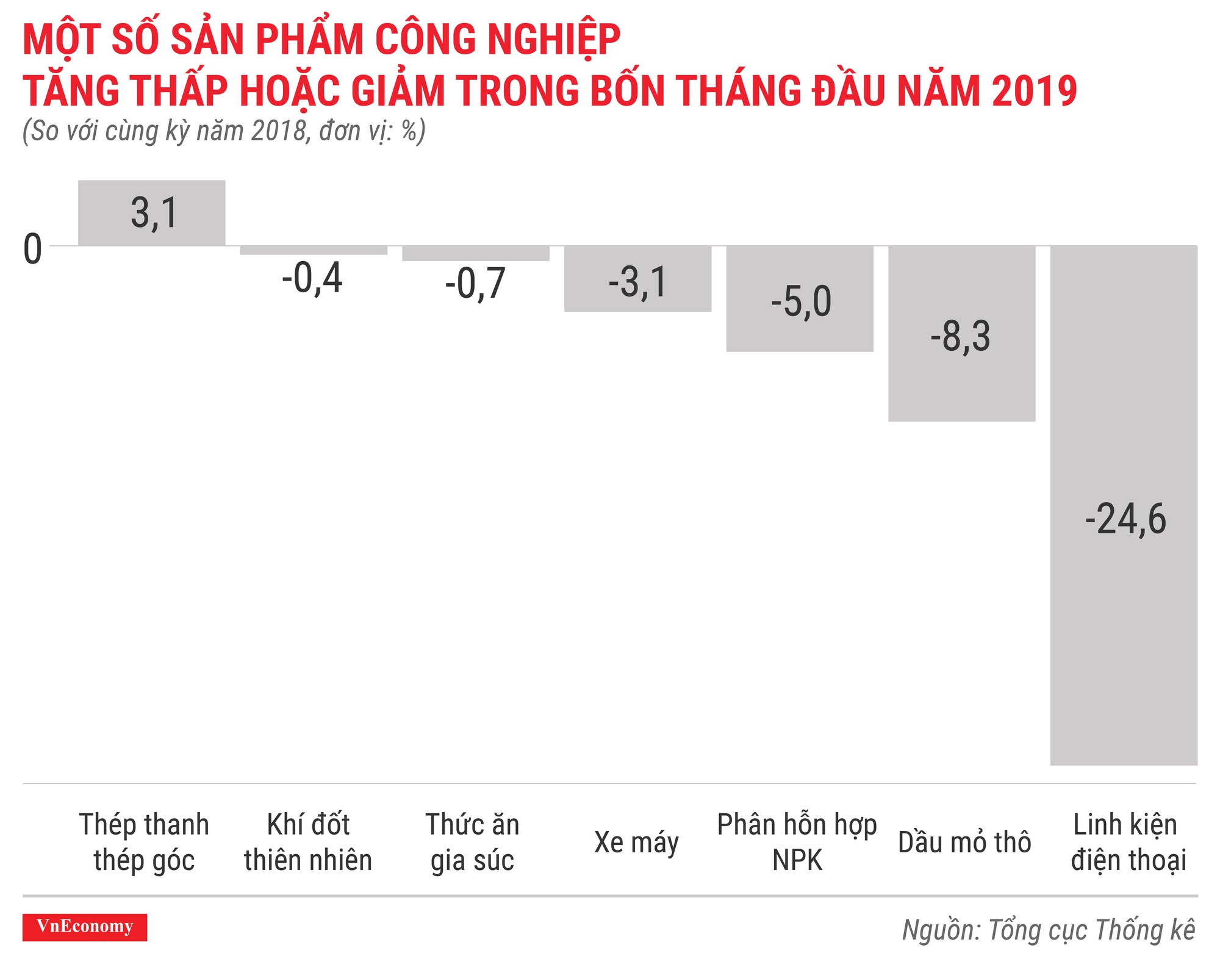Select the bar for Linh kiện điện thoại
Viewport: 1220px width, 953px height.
click(x=1124, y=641)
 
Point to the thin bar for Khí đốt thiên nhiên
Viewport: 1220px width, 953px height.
click(x=314, y=250)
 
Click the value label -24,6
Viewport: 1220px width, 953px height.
click(x=1125, y=519)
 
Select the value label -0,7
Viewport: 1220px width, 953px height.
click(x=475, y=284)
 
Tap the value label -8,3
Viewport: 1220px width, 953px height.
click(x=960, y=336)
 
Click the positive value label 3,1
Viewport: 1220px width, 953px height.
click(x=154, y=213)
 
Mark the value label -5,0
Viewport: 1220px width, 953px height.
click(x=801, y=301)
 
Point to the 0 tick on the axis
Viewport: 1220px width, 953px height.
click(x=32, y=249)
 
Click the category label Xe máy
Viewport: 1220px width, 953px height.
click(x=636, y=843)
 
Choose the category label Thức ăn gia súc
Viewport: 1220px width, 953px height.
click(x=472, y=843)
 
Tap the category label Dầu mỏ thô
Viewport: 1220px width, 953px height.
click(x=964, y=843)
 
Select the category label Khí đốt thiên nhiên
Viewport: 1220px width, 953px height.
click(x=308, y=843)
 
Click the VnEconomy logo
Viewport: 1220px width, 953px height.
click(x=85, y=927)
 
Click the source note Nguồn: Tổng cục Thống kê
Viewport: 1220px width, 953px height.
click(x=1048, y=930)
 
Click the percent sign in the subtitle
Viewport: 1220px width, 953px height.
click(x=409, y=131)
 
